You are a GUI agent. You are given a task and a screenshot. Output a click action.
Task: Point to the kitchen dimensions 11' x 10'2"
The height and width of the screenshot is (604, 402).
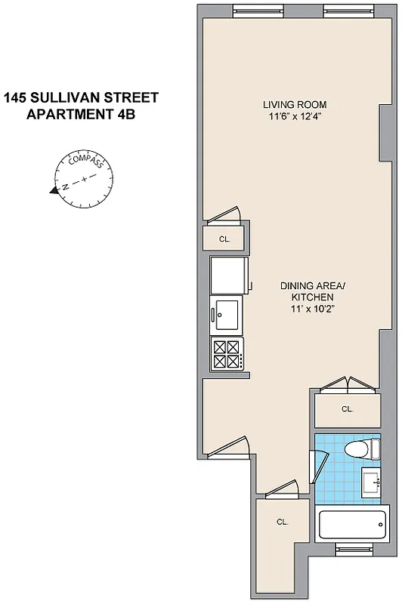click(x=312, y=310)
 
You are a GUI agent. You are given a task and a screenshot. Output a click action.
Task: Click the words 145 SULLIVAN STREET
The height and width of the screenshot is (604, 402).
click(x=81, y=97)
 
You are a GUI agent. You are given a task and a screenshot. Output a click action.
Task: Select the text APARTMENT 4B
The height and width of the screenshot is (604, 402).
click(x=81, y=114)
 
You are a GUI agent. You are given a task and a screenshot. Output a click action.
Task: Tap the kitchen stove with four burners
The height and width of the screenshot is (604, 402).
click(x=227, y=354)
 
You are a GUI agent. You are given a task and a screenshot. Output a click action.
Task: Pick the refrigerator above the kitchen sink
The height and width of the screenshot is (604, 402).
click(x=228, y=276)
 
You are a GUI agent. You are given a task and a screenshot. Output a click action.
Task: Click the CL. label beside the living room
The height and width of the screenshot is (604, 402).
click(x=224, y=239)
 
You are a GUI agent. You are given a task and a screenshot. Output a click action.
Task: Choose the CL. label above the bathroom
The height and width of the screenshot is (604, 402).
click(x=347, y=409)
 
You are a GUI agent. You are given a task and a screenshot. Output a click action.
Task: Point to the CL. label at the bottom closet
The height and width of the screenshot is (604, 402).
click(x=282, y=522)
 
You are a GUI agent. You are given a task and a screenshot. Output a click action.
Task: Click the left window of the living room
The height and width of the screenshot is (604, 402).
click(x=253, y=10)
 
